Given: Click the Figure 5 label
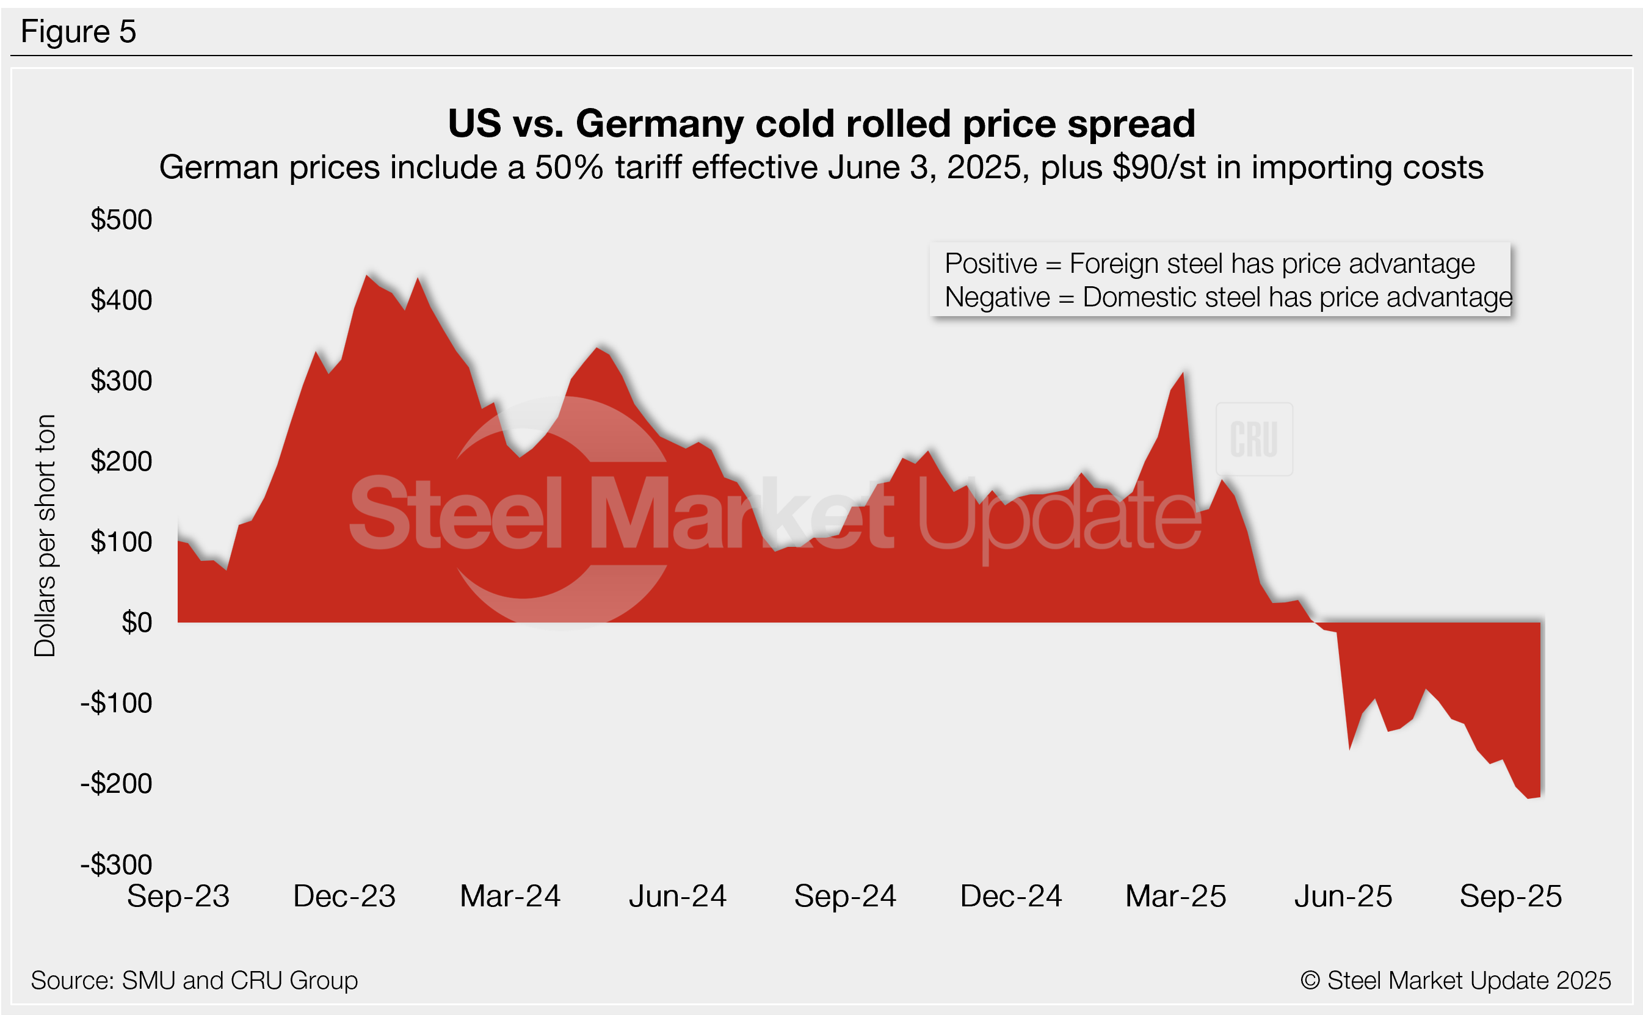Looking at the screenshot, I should pos(78,32).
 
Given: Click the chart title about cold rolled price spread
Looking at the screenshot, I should pos(821,123).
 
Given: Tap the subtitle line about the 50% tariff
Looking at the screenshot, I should pos(821,167).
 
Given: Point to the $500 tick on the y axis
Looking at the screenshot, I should pos(122,220).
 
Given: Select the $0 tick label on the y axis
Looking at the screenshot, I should pos(137,623).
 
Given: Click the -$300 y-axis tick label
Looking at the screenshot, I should pos(116,864).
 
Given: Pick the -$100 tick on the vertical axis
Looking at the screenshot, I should pos(116,703).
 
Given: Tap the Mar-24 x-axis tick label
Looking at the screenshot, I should pos(510,896).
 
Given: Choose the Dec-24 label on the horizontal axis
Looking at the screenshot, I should pos(1010,896).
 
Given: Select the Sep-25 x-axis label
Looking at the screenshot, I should pos(1510,896).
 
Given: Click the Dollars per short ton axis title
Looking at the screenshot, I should pos(45,535).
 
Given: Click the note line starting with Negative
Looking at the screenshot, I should pos(1227,297).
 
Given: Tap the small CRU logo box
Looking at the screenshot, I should pos(1253,439).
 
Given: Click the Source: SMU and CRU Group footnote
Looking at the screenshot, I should pos(194,980).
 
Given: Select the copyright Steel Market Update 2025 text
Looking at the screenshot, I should pos(1455,980).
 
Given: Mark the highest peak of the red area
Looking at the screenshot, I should pos(368,275).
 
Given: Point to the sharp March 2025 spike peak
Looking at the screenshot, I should pos(1183,374).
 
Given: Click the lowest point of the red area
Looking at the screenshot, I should pos(1529,798).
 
